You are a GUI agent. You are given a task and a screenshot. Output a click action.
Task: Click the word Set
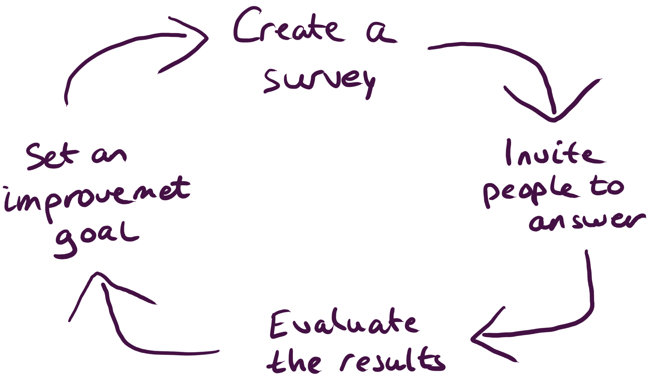pos(52,157)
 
